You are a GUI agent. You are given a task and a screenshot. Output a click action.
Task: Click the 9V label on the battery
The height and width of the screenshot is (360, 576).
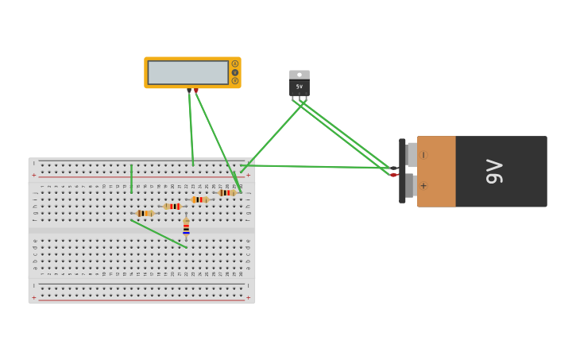tap(494, 171)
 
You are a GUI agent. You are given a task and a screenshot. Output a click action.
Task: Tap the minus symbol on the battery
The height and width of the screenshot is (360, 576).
tap(423, 155)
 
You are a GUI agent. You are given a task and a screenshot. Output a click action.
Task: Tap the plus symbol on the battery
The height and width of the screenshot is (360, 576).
tap(423, 186)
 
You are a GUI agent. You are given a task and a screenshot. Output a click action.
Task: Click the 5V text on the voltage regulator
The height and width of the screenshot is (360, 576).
tap(300, 87)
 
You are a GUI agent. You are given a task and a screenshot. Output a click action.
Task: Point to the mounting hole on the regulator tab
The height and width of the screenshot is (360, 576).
tap(300, 75)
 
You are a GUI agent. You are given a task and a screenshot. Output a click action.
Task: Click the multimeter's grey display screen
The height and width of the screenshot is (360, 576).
tap(188, 72)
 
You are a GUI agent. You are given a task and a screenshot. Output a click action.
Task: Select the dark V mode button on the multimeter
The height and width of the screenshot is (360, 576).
tap(235, 72)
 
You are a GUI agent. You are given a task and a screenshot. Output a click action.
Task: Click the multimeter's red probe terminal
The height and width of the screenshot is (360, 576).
tap(196, 91)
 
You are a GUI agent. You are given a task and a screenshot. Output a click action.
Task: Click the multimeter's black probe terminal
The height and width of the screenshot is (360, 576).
tap(189, 91)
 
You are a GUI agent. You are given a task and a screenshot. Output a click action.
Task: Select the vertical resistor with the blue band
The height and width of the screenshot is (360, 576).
tap(186, 229)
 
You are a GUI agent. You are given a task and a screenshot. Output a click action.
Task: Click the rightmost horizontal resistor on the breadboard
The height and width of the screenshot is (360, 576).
tap(227, 192)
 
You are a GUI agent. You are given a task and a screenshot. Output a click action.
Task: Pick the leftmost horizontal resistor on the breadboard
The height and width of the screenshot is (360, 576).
tap(145, 213)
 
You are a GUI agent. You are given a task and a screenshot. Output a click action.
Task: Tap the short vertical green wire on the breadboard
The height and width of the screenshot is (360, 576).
tap(131, 179)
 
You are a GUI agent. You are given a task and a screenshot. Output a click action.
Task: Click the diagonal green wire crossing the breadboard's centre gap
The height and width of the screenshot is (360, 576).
tap(159, 234)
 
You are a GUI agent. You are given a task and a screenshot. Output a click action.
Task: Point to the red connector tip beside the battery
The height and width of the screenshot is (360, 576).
tap(393, 175)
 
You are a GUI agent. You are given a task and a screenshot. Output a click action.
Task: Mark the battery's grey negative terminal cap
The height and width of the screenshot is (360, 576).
tap(412, 155)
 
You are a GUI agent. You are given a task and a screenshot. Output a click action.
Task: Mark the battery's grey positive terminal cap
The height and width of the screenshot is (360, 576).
tap(411, 186)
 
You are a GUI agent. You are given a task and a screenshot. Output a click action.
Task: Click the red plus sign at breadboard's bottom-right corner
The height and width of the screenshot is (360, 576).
tap(248, 297)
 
